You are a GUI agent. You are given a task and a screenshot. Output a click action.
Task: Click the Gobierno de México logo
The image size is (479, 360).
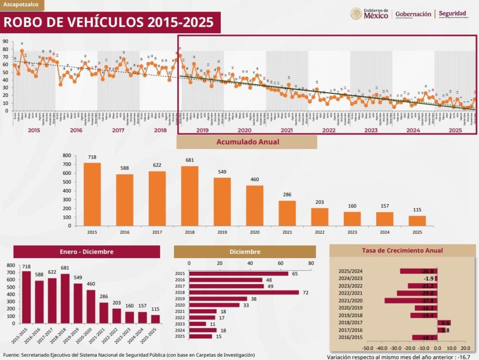click(370, 14)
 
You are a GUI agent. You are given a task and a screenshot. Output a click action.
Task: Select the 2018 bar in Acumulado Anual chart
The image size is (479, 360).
click(190, 196)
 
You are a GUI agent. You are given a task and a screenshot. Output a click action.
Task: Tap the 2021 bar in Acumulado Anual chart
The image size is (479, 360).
click(287, 213)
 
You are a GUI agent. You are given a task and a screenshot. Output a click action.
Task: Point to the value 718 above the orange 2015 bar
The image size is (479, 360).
click(92, 157)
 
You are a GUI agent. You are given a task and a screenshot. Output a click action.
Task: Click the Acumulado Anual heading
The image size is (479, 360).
click(247, 142)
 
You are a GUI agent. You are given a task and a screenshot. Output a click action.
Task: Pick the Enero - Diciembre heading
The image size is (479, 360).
click(87, 252)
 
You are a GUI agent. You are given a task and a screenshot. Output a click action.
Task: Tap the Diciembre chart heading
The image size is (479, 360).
click(245, 252)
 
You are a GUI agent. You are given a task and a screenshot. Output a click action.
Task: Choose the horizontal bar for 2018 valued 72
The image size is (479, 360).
click(243, 292)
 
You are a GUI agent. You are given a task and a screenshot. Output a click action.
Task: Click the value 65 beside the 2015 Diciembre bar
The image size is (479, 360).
click(295, 274)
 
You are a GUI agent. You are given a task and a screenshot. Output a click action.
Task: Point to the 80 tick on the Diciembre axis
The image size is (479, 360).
click(311, 263)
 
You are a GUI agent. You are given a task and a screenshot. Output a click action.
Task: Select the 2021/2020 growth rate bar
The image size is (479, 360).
click(411, 301)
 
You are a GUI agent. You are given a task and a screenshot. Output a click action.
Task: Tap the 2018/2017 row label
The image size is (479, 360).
click(350, 323)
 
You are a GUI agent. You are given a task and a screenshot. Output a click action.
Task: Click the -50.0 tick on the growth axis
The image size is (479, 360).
click(367, 348)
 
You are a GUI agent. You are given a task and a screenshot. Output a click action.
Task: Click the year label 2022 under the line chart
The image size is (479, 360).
click(328, 130)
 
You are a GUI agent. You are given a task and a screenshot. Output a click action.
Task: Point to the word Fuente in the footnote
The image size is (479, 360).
click(13, 355)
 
